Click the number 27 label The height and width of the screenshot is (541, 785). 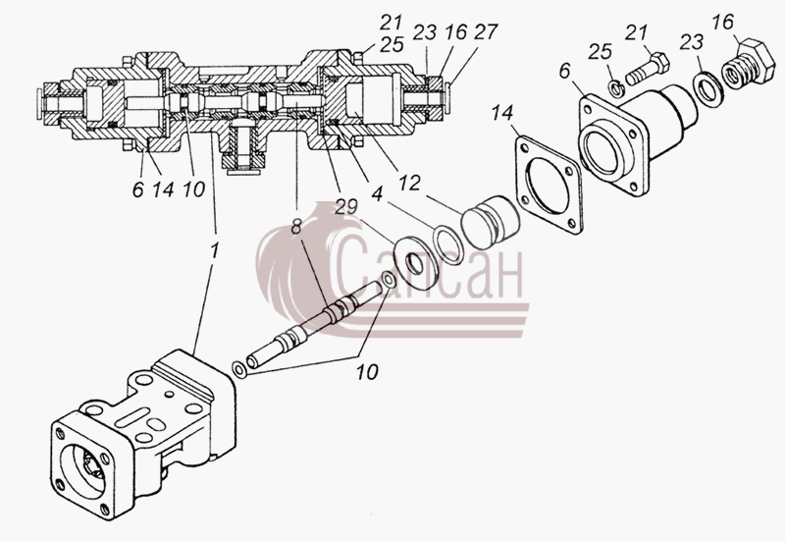pos(485,32)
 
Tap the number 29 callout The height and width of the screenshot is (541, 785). pos(346,206)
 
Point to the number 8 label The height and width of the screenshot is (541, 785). pos(296,228)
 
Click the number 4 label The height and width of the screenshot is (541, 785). pos(377,193)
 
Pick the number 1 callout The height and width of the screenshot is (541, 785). pos(214,250)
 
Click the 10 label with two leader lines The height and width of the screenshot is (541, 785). pos(367,372)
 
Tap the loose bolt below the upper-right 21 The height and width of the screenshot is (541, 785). pos(647,69)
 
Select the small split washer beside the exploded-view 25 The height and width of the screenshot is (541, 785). pos(615,89)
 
